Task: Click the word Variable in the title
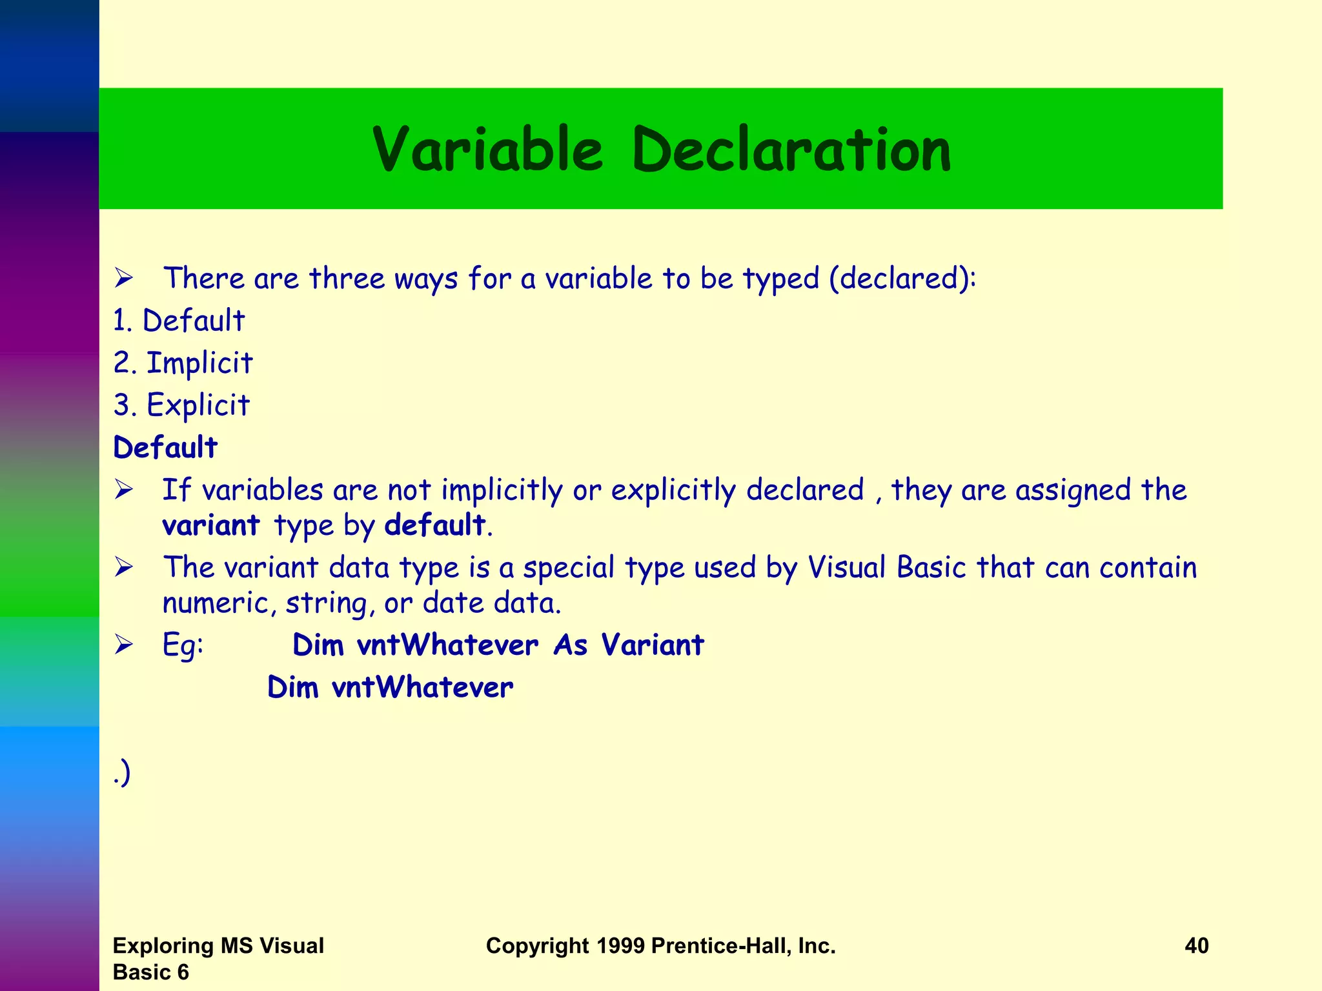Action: (488, 150)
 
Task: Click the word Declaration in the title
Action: (791, 150)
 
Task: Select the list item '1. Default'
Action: (179, 321)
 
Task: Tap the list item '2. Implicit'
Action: (183, 363)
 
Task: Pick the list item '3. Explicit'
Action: (181, 405)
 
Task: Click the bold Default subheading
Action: (165, 447)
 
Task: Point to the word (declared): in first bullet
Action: (902, 279)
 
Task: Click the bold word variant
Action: (210, 525)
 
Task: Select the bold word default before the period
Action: (434, 525)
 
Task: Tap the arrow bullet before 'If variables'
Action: (124, 490)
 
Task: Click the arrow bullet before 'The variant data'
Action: (124, 567)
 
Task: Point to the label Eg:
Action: (183, 645)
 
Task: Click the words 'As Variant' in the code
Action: (629, 645)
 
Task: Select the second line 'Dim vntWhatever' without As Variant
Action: (390, 687)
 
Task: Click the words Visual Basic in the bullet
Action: (886, 568)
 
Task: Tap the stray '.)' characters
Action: (122, 772)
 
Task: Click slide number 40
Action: (1196, 946)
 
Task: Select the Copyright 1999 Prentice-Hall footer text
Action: (660, 946)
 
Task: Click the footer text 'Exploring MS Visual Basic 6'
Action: (218, 958)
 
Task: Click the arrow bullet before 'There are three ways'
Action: (124, 279)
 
